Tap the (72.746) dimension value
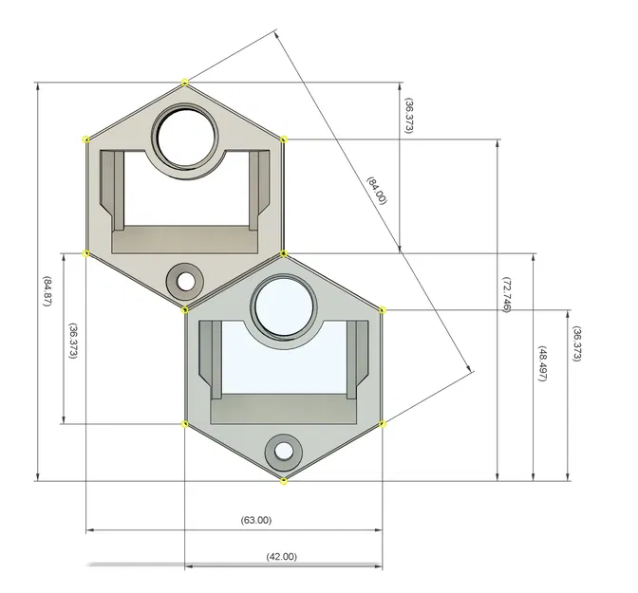coord(506,296)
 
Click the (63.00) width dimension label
coord(255,520)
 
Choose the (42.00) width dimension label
coord(281,556)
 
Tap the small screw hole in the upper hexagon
coord(185,281)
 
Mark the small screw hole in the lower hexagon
coord(283,450)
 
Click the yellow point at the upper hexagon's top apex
coord(184,83)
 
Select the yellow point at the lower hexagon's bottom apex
coord(284,481)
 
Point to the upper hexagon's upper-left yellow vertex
coord(86,139)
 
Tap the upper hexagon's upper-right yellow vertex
coord(284,139)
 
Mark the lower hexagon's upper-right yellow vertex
coord(383,309)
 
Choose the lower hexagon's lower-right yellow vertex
coord(383,423)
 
